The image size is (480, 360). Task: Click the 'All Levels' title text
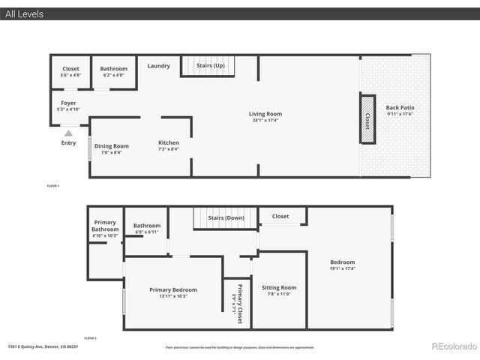[x=24, y=13]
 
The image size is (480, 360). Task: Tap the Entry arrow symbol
[x=68, y=133]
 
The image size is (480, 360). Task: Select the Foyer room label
[x=68, y=103]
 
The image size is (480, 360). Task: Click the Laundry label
[x=158, y=66]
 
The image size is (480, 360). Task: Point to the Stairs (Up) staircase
[x=209, y=66]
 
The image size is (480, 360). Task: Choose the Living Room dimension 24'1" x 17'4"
[x=265, y=121]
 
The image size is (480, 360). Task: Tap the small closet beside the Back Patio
[x=367, y=118]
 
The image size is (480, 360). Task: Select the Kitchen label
[x=169, y=142]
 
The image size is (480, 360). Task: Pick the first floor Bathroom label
[x=114, y=69]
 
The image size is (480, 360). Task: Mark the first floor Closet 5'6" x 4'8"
[x=70, y=75]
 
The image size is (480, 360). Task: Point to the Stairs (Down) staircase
[x=225, y=218]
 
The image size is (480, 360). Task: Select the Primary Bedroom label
[x=173, y=289]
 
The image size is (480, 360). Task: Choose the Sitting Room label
[x=279, y=287]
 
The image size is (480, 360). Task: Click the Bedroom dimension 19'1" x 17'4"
[x=342, y=268]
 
